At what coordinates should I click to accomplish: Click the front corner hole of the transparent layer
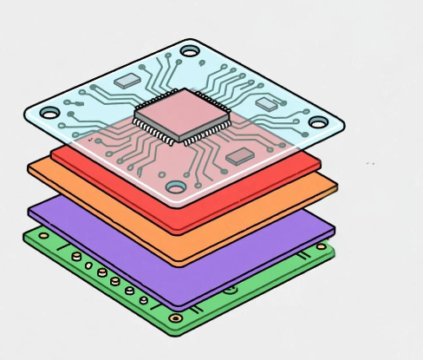point(176,187)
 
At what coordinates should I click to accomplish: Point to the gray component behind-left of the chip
point(127,80)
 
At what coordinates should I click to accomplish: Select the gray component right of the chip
point(265,103)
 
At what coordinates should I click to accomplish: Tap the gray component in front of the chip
point(238,157)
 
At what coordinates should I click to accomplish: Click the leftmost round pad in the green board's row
point(76,257)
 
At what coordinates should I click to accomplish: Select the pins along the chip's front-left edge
point(157,130)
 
